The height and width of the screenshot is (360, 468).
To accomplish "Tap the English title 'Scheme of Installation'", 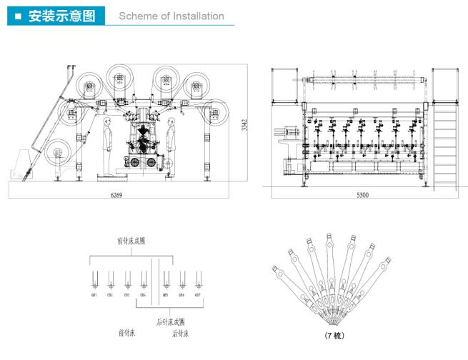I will (171, 16).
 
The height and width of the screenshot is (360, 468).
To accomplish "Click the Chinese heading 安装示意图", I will (61, 16).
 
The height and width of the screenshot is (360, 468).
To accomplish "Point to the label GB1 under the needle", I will (94, 294).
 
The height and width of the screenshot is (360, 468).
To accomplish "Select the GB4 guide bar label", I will (143, 294).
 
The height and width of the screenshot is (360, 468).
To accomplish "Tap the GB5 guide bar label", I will (165, 294).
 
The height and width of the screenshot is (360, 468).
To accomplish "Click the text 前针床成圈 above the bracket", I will (132, 241).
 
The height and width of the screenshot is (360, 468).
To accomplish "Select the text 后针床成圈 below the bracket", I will (171, 321).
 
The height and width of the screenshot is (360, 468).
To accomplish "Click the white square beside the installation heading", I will (16, 16).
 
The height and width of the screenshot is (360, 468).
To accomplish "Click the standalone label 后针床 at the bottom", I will (180, 334).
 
